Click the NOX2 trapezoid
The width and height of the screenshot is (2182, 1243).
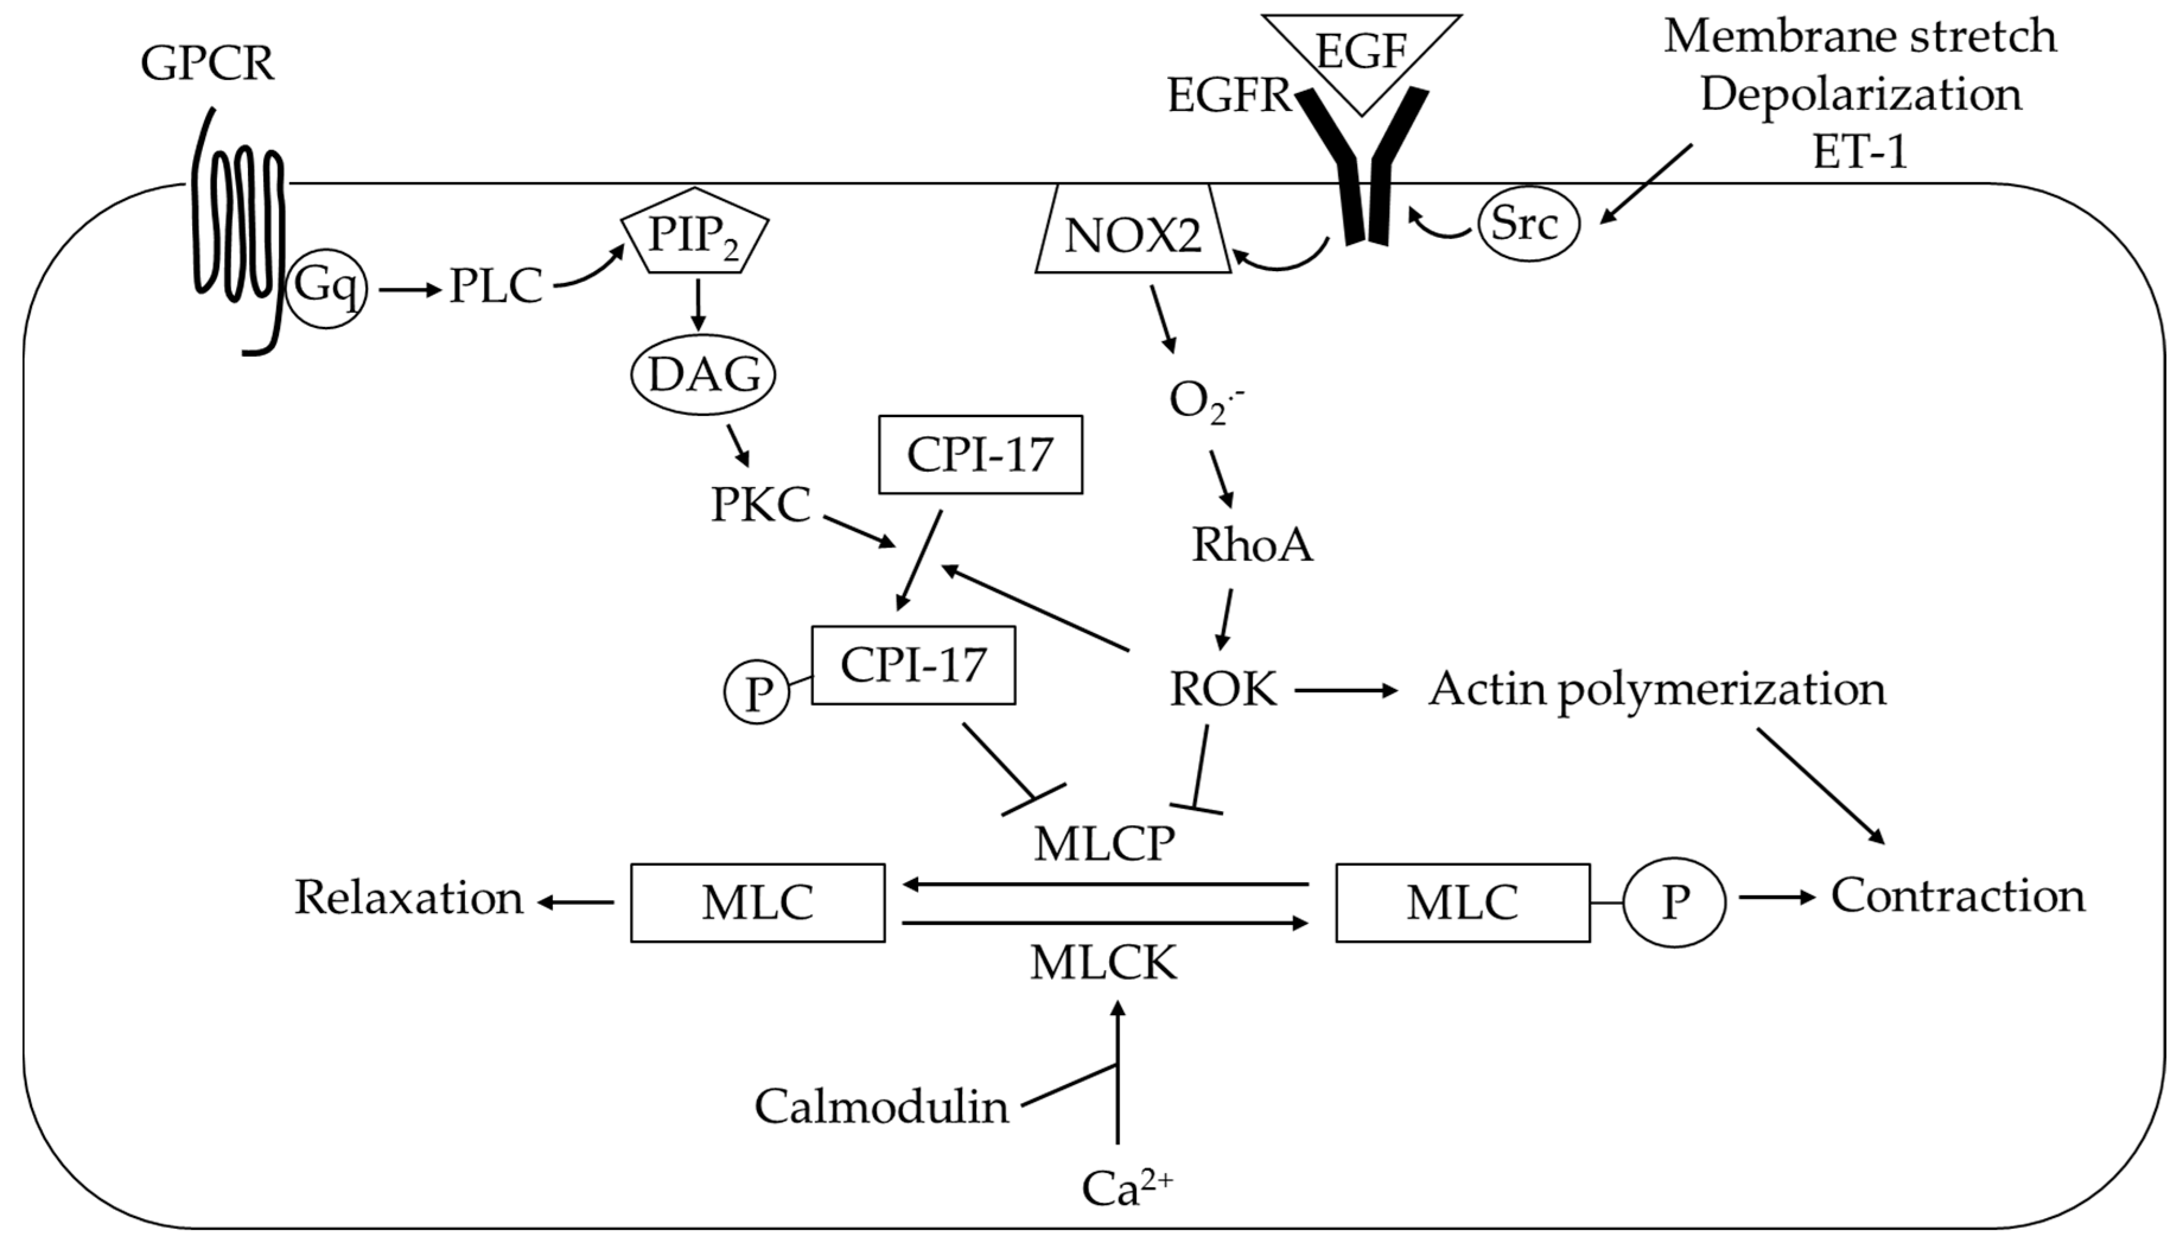[x=1132, y=234]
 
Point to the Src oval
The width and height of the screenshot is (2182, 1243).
[x=1527, y=224]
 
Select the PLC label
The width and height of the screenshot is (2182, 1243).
[x=496, y=286]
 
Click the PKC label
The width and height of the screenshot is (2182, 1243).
[x=760, y=504]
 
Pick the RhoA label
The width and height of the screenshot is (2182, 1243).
[x=1252, y=545]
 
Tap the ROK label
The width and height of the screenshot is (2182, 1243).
[x=1223, y=688]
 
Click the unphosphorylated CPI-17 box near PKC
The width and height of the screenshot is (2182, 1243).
[x=980, y=454]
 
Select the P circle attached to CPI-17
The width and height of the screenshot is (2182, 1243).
[x=757, y=692]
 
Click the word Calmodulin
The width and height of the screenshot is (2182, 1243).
[x=881, y=1107]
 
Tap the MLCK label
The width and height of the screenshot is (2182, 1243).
[x=1103, y=963]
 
